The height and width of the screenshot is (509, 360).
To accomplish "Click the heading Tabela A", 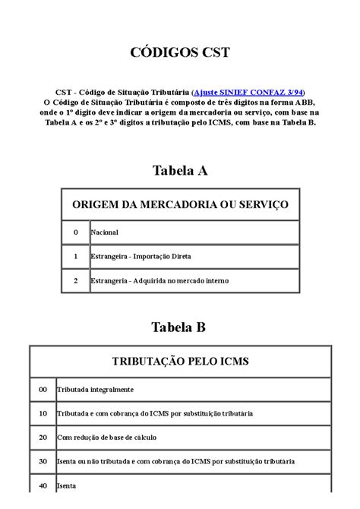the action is (x=180, y=171).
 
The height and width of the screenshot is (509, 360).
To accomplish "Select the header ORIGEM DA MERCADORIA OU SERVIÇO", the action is (x=180, y=204).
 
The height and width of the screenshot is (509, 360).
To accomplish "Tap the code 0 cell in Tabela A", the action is (x=75, y=232).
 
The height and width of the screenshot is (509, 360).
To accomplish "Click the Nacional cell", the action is (x=104, y=232).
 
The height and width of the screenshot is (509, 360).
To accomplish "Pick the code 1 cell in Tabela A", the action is (x=75, y=256).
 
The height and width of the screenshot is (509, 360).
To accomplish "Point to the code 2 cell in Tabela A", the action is (x=75, y=280).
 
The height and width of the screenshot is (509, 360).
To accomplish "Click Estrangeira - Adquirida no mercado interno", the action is (x=159, y=280).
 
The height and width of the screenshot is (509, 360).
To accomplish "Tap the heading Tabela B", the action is (x=179, y=327).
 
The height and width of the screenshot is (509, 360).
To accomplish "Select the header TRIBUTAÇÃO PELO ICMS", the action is (x=180, y=361).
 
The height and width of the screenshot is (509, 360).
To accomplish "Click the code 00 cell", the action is (x=43, y=389).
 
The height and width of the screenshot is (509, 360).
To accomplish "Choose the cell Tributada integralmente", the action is (x=95, y=389).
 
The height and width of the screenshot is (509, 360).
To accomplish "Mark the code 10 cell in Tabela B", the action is (x=43, y=413).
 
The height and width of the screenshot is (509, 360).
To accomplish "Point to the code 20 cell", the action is (x=43, y=438).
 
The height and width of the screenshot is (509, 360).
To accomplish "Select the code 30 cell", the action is (x=43, y=461).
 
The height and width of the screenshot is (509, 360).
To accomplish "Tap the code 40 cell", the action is (x=43, y=485).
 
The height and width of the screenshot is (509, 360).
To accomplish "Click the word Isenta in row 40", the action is (x=67, y=485).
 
